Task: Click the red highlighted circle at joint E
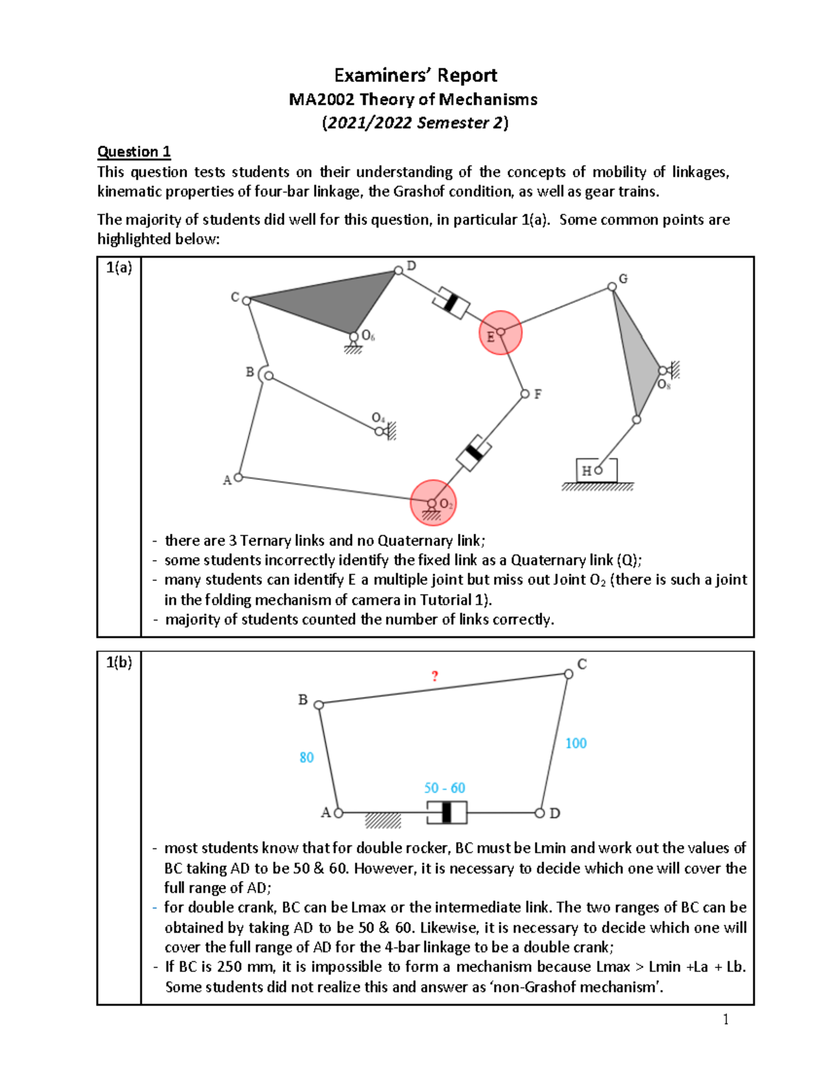(500, 333)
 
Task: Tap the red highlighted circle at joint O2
(433, 503)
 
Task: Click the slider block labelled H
(596, 470)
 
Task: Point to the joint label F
(538, 394)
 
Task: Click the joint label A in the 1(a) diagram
(227, 480)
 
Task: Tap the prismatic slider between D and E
(451, 302)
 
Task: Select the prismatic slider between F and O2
(473, 453)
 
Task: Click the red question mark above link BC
(434, 676)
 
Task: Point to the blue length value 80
(307, 757)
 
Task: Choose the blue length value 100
(576, 743)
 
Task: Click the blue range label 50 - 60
(445, 788)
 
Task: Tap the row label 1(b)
(119, 663)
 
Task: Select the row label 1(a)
(119, 268)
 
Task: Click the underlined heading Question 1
(134, 152)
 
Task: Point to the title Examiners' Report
(415, 75)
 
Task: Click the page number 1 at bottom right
(726, 1020)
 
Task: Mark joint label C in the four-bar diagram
(582, 664)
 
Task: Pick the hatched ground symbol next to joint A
(382, 821)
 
